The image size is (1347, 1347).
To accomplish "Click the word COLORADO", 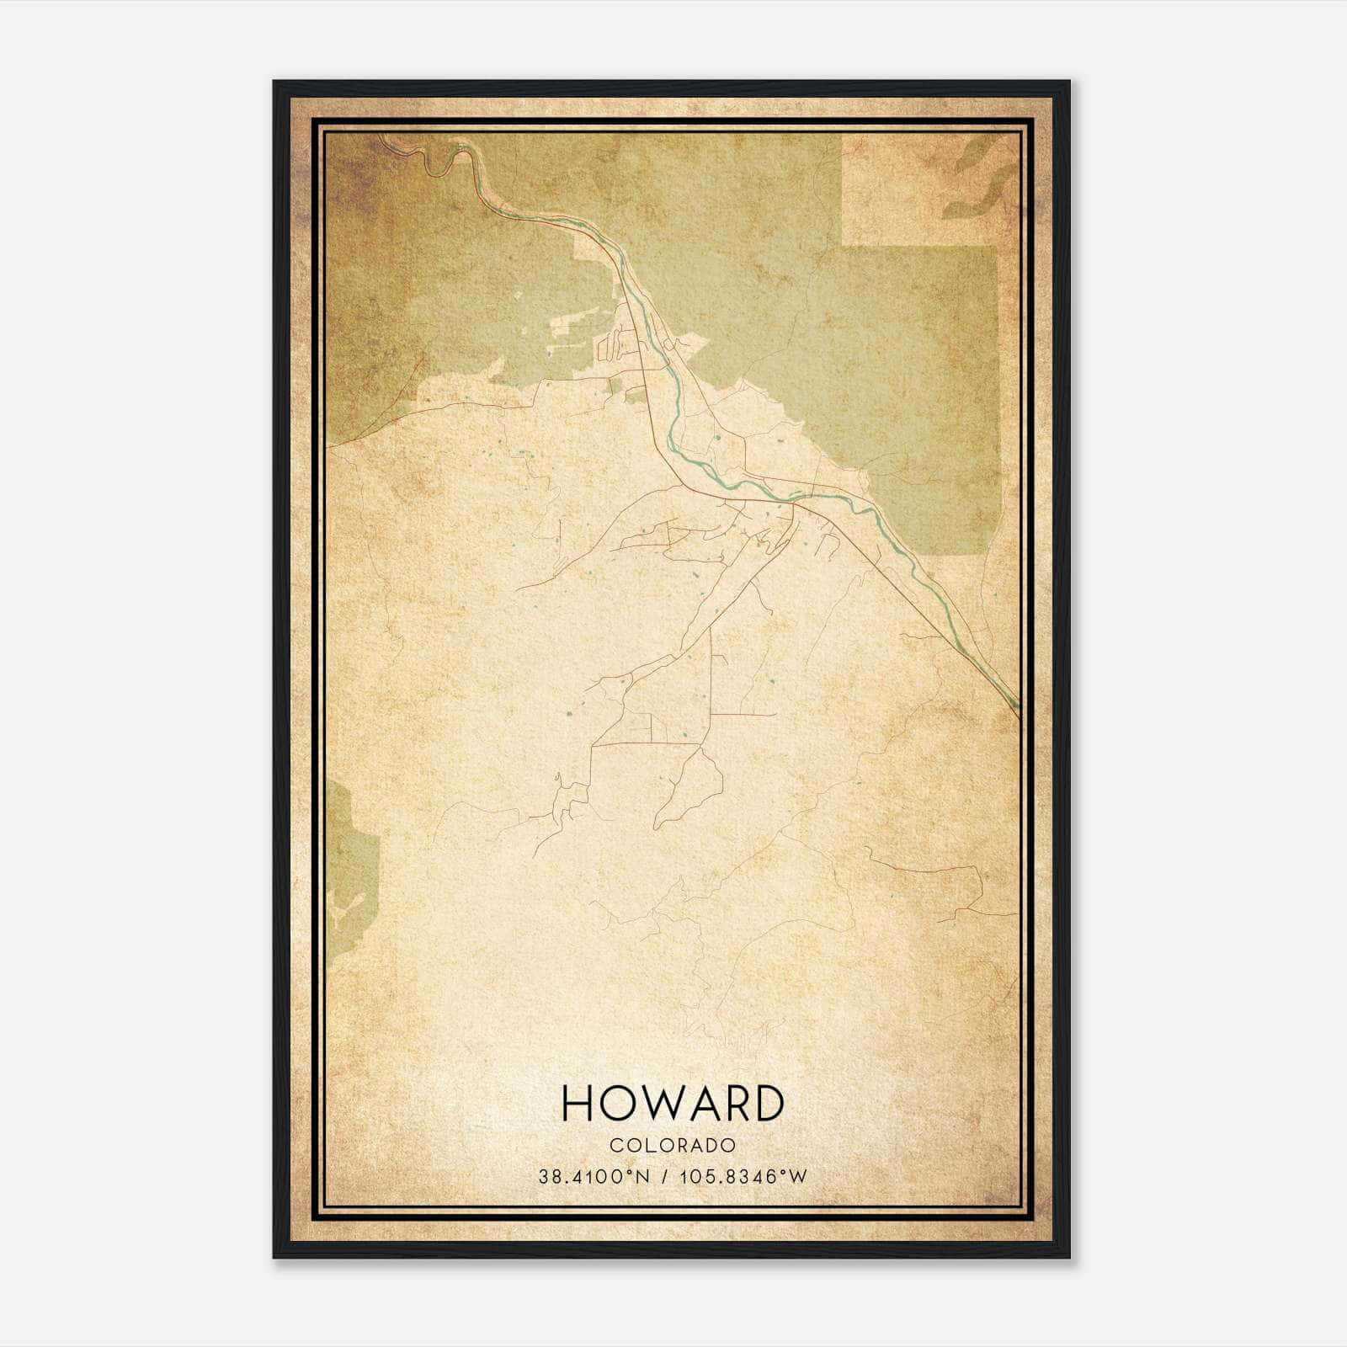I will [673, 1145].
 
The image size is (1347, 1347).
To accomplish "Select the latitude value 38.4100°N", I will [594, 1176].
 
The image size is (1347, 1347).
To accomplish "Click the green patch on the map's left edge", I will [349, 867].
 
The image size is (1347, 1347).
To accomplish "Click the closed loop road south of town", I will [690, 787].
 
